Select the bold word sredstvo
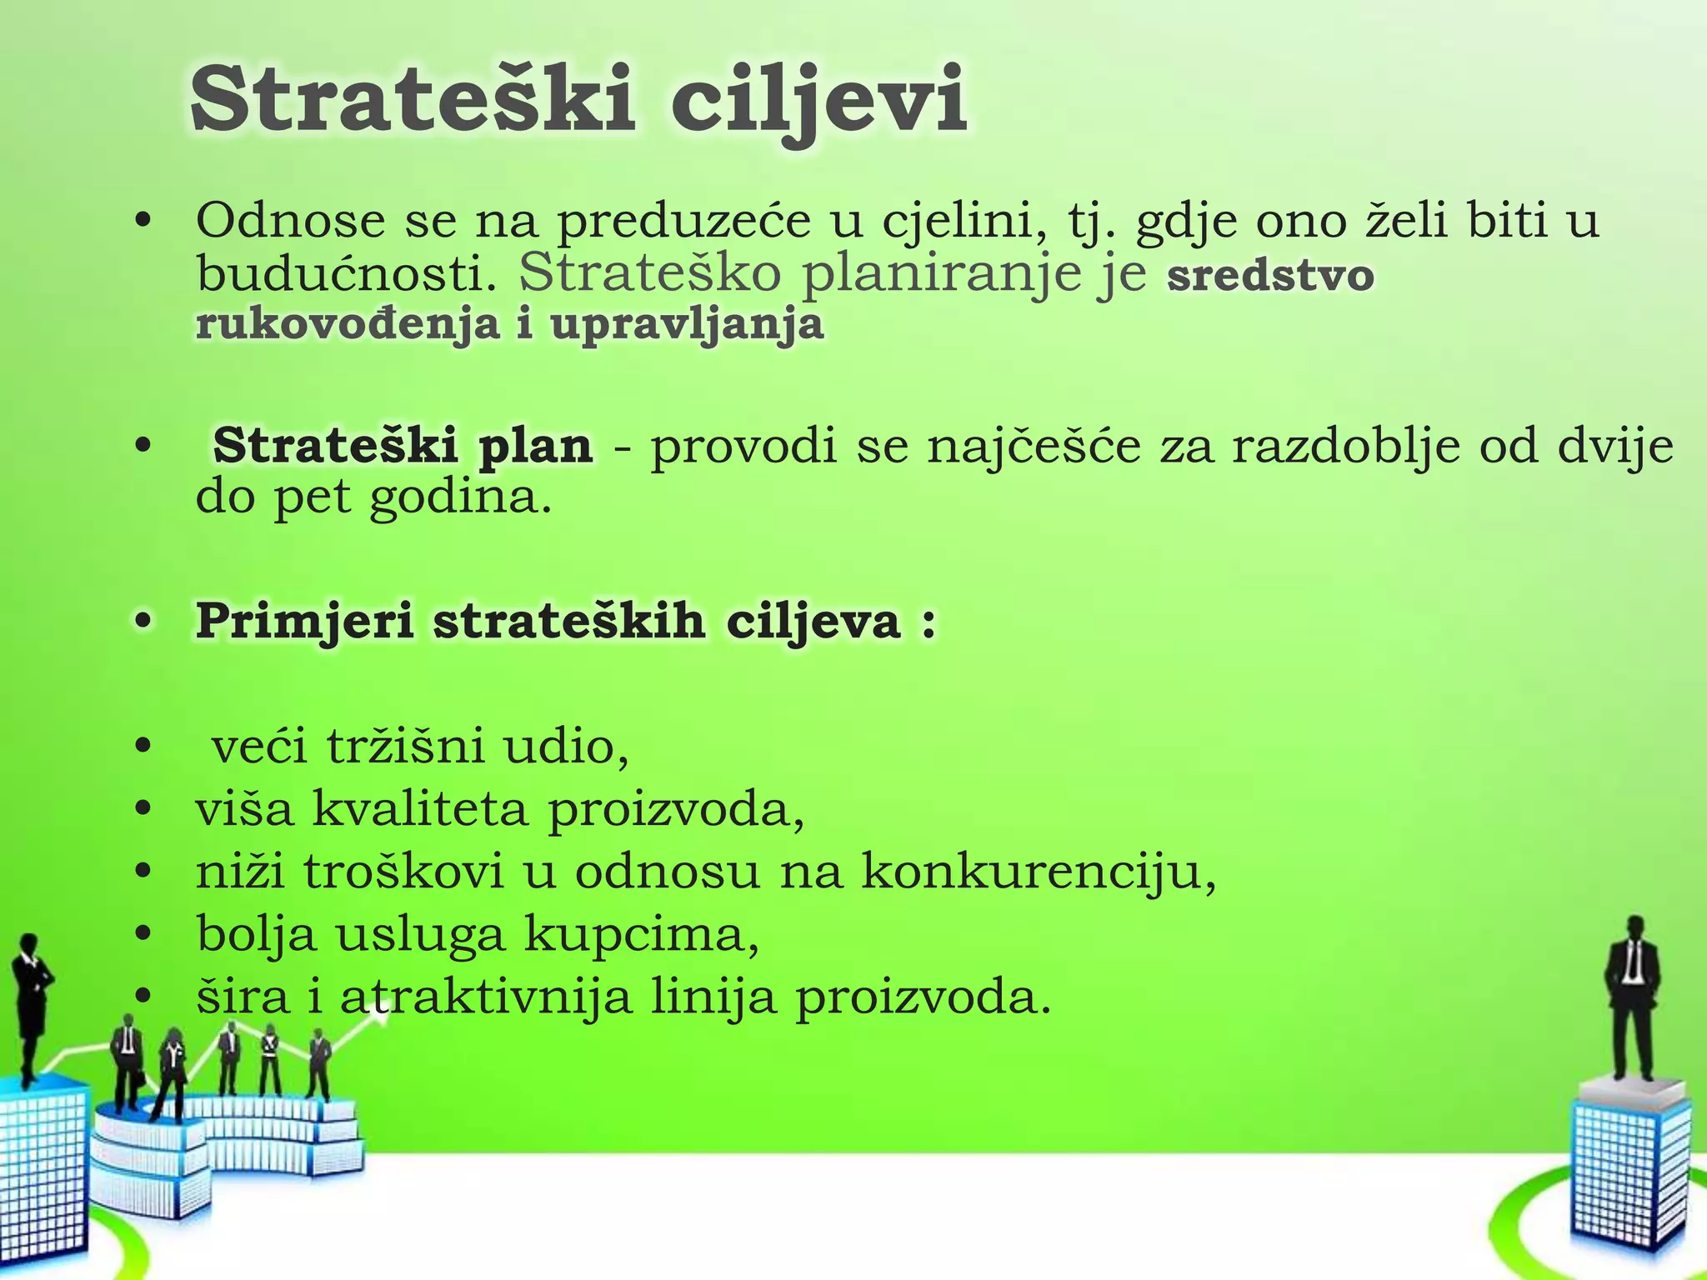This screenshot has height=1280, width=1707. [x=1270, y=275]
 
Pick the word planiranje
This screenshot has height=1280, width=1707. [x=940, y=275]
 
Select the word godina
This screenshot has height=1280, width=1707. [x=460, y=497]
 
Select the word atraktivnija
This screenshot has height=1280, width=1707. [x=485, y=997]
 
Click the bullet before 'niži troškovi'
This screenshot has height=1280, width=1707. [x=144, y=872]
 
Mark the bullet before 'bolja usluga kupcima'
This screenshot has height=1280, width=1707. [x=144, y=934]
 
